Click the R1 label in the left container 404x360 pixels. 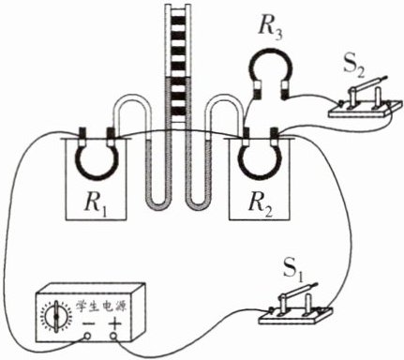pyautogui.click(x=96, y=204)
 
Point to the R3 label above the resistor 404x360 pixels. pyautogui.click(x=270, y=30)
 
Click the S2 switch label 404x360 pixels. pyautogui.click(x=354, y=69)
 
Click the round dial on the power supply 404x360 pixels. pyautogui.click(x=56, y=317)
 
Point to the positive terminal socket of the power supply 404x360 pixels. pyautogui.click(x=113, y=337)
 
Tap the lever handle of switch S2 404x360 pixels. pyautogui.click(x=369, y=83)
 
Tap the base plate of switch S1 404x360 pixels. pyautogui.click(x=295, y=316)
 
